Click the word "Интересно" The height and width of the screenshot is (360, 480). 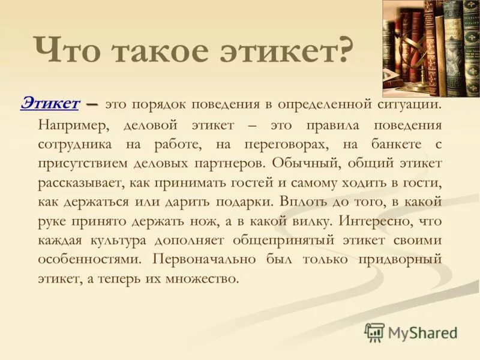coord(376,220)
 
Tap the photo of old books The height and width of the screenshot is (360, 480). coord(431,48)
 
